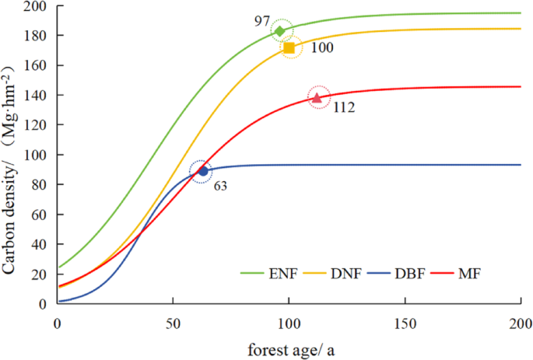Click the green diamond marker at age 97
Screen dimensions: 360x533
(280, 31)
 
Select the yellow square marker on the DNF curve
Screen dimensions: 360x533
(289, 48)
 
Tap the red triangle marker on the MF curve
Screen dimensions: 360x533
(317, 97)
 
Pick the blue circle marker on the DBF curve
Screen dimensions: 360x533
(203, 171)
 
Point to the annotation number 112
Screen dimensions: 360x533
(344, 108)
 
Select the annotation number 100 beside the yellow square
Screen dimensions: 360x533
(321, 48)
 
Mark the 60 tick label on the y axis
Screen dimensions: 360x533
(40, 215)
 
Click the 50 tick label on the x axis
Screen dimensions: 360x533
(172, 322)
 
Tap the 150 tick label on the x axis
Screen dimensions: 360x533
(405, 322)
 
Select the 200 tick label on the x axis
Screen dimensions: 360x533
(521, 322)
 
